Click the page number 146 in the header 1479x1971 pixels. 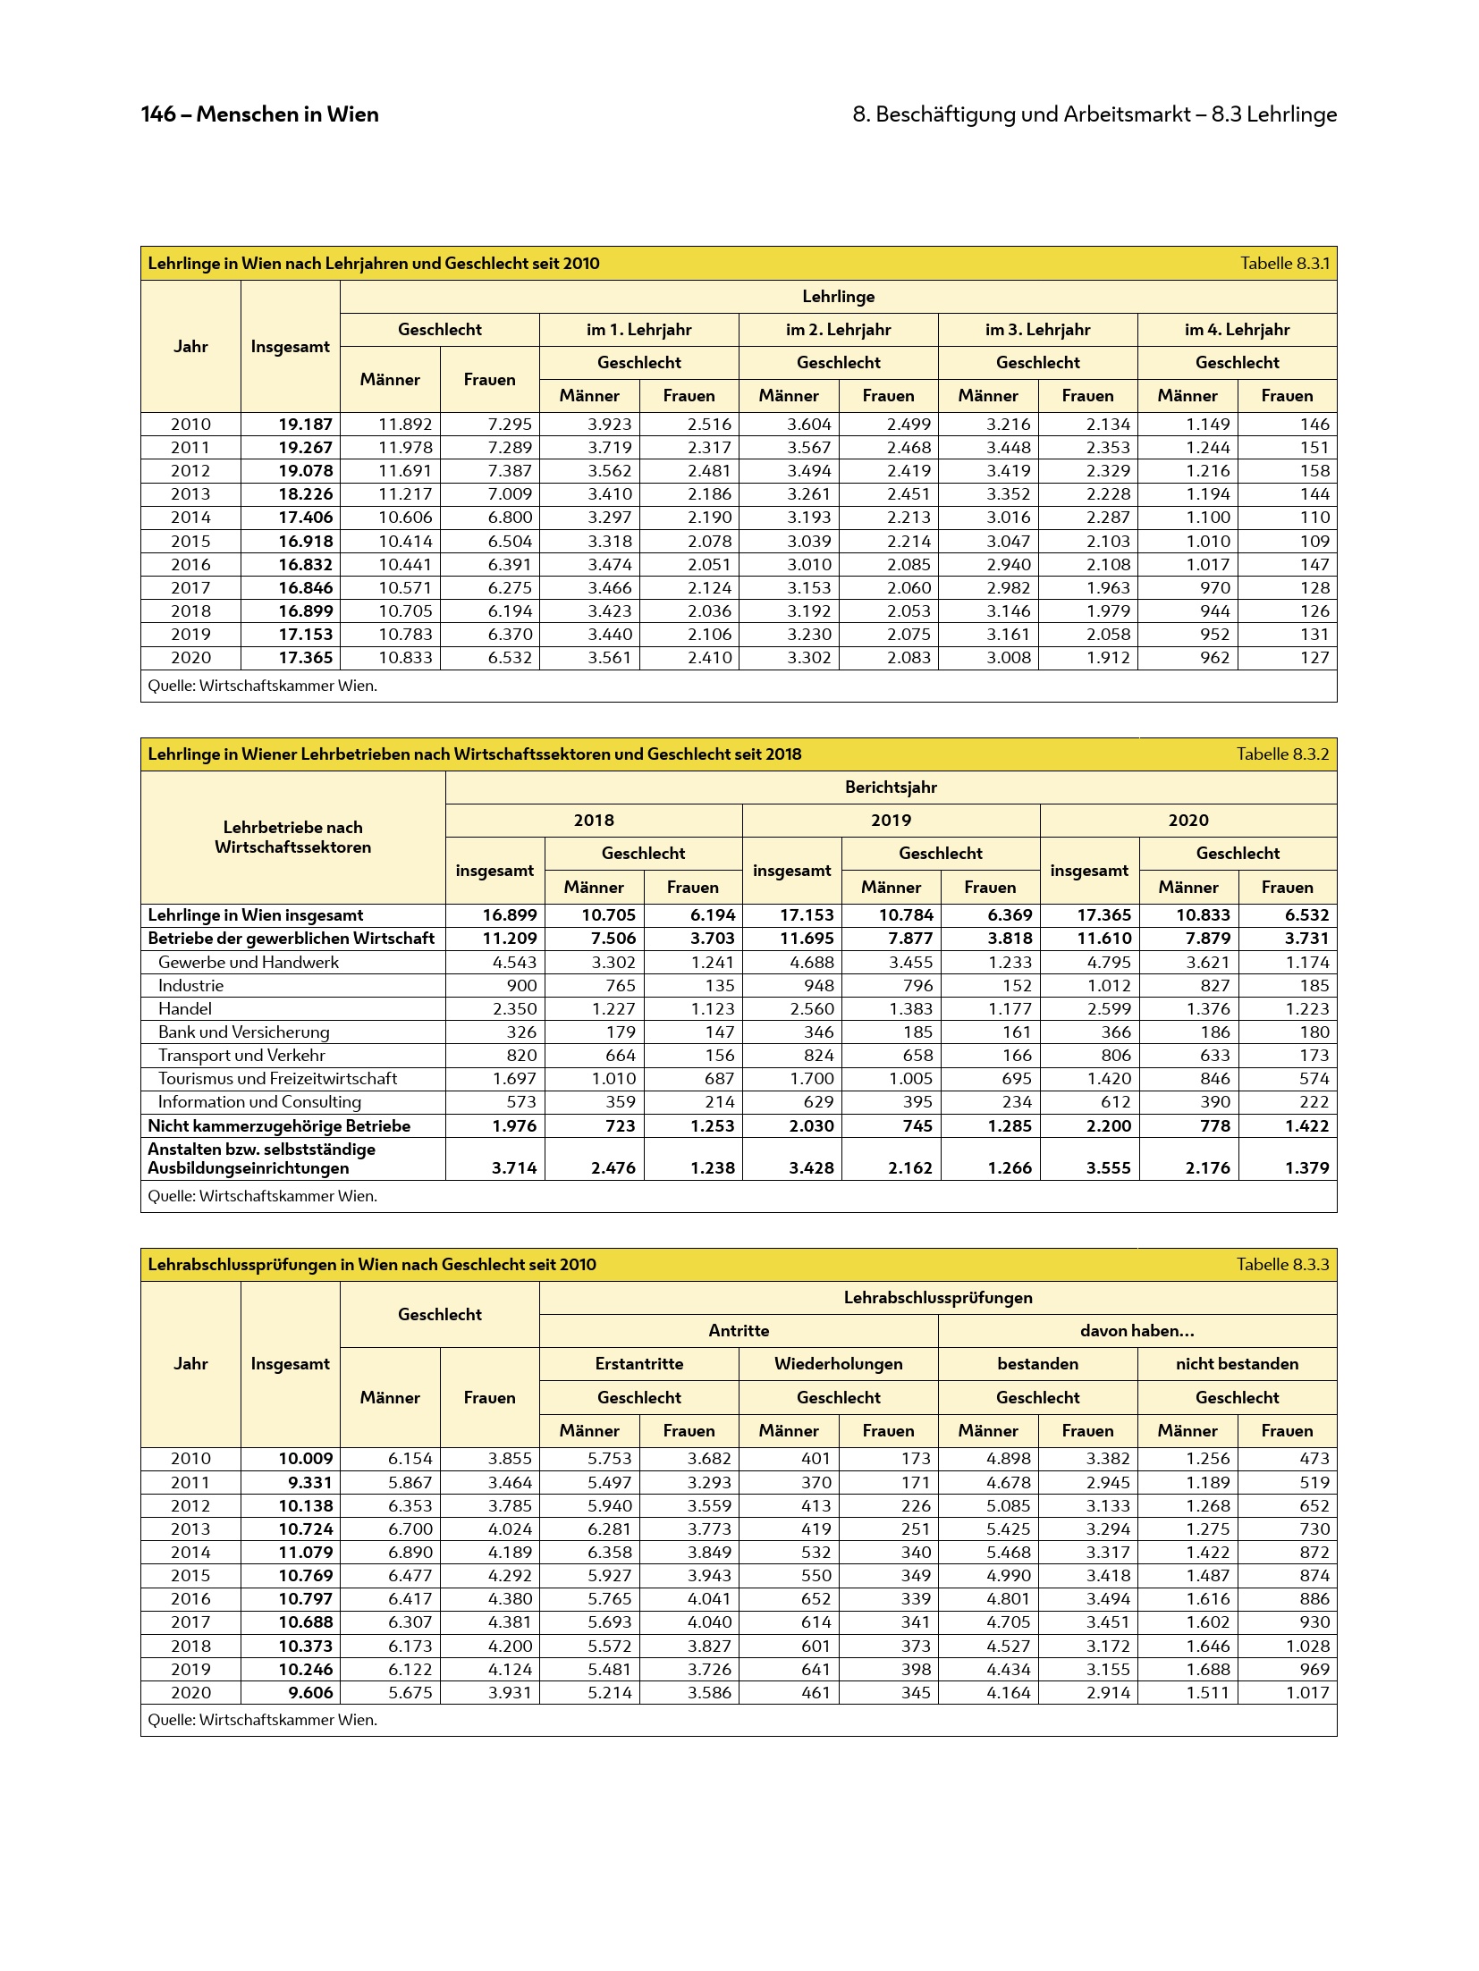(x=158, y=114)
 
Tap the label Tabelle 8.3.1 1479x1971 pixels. (x=1284, y=264)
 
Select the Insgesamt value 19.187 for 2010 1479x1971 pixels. (x=305, y=425)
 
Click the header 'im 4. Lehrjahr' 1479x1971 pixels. (x=1237, y=330)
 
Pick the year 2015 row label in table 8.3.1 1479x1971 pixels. (x=190, y=542)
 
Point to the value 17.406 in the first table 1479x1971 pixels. (x=305, y=518)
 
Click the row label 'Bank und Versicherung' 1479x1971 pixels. (x=243, y=1032)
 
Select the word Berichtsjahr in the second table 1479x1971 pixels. (x=891, y=788)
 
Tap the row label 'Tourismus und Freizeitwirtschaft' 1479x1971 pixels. (x=277, y=1079)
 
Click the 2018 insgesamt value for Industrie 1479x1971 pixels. (x=521, y=986)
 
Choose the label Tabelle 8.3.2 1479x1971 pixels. (x=1282, y=754)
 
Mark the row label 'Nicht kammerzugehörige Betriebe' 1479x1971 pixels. (x=279, y=1126)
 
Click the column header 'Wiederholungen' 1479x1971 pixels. (x=838, y=1364)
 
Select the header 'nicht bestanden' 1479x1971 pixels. (x=1237, y=1364)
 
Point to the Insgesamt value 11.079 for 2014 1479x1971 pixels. (x=305, y=1553)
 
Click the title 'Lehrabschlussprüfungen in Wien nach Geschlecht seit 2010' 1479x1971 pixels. (x=372, y=1265)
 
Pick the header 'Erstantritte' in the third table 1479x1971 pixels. (x=638, y=1364)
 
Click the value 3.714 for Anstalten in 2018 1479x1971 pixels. (x=514, y=1168)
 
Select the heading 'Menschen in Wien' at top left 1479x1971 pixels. (x=287, y=114)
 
